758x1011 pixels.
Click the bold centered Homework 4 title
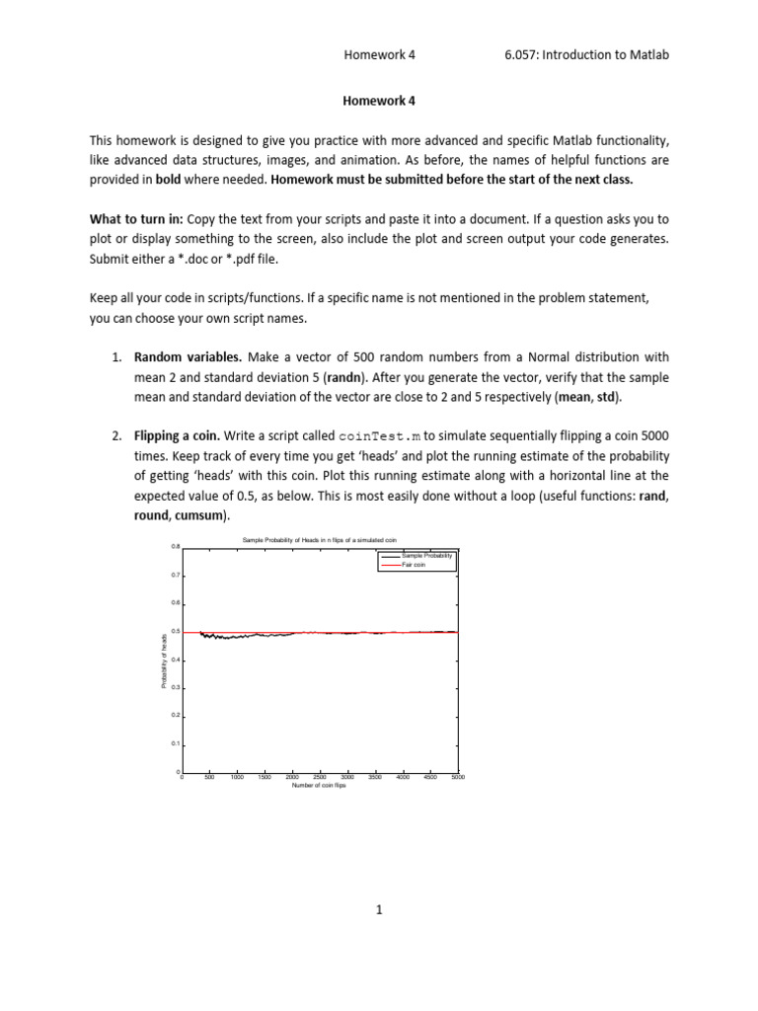(378, 101)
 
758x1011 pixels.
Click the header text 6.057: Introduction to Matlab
(586, 55)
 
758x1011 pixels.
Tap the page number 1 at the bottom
(378, 910)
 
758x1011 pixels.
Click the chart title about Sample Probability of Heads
(319, 540)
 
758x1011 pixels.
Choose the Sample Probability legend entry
(426, 556)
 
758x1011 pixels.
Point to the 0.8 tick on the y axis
(175, 546)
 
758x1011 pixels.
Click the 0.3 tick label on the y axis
(175, 687)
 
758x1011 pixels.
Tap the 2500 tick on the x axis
(320, 778)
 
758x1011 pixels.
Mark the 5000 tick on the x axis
(457, 778)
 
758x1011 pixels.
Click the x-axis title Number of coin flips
(319, 786)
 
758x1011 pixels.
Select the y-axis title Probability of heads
(164, 660)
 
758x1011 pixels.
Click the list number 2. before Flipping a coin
(116, 435)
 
